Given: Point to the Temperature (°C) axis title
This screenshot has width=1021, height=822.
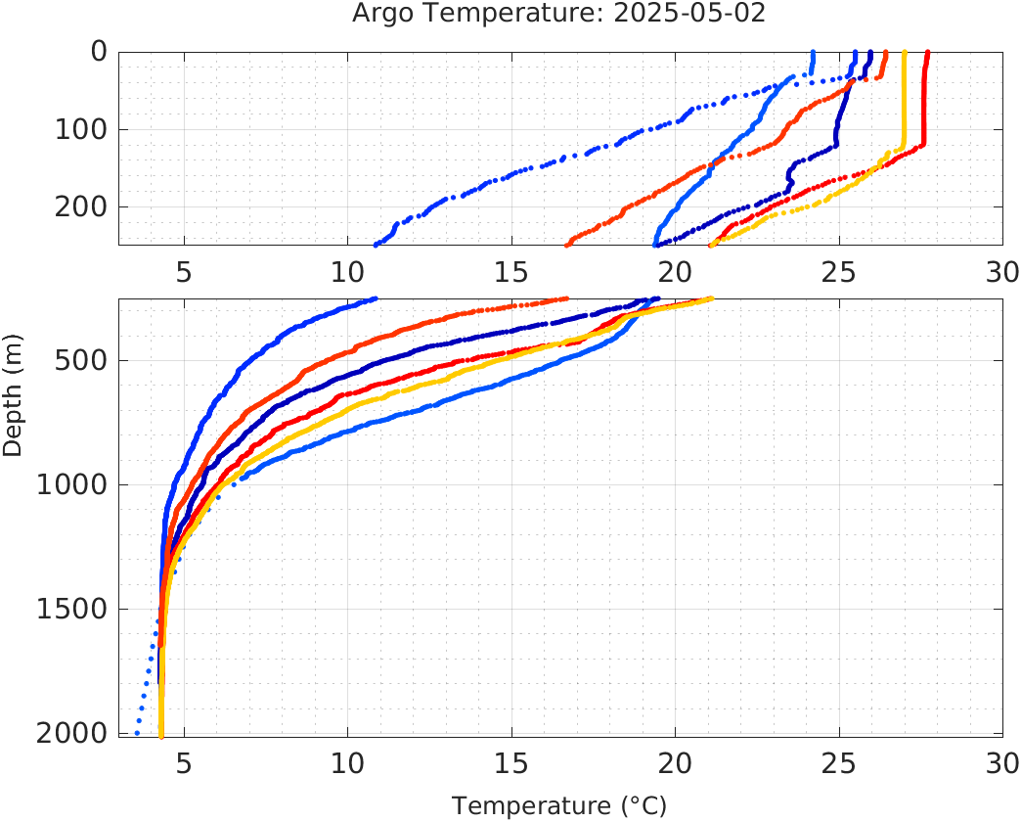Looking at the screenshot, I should click(558, 806).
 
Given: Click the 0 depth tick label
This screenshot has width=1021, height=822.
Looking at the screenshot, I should click(100, 52).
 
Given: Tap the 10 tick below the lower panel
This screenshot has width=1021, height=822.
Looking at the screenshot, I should click(347, 760).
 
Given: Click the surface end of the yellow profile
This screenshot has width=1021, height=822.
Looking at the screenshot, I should click(904, 53).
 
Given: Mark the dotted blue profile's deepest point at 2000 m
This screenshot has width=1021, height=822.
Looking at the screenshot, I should click(136, 733).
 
